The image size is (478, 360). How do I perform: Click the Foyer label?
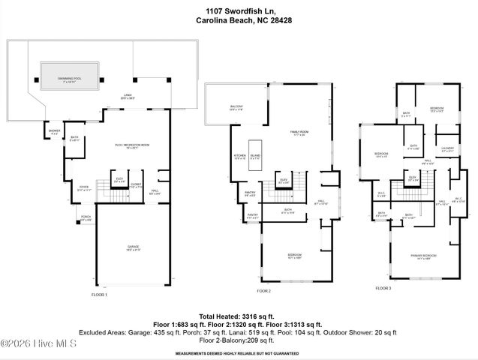tap(85, 189)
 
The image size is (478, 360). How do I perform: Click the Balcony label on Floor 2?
tap(236, 107)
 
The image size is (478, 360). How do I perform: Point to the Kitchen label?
tap(240, 157)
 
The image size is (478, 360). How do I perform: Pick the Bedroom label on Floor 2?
tap(294, 256)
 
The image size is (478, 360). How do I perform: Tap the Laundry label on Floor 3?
tap(447, 148)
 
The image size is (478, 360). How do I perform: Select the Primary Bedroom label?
tap(424, 256)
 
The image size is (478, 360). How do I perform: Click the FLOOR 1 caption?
tap(99, 295)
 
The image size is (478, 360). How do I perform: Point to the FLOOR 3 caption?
tap(383, 287)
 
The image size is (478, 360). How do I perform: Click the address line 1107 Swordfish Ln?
tap(239, 10)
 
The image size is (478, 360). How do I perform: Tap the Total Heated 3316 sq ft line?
tap(238, 316)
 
